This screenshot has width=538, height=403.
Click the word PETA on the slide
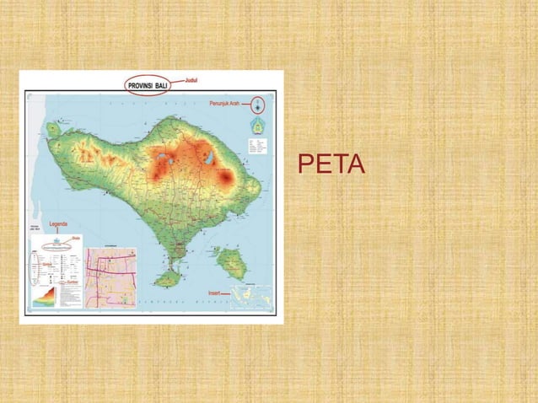pos(331,165)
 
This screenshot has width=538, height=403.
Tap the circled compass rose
pos(258,106)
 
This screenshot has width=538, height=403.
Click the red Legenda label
pos(59,224)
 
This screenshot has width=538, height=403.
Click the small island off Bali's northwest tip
pos(53,129)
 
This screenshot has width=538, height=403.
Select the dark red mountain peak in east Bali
pos(226,178)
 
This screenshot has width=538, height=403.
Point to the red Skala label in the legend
pos(76,239)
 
